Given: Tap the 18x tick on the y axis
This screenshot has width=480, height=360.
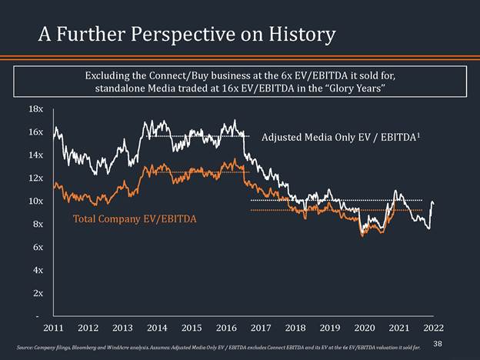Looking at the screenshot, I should (35, 109).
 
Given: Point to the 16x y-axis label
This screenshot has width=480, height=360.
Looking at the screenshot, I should (35, 132).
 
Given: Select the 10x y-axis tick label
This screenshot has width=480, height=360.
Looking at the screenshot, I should (35, 201).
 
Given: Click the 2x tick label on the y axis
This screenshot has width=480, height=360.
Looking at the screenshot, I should (37, 293).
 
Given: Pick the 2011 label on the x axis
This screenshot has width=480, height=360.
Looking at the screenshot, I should (53, 328).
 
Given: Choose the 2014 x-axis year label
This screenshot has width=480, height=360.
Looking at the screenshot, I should (157, 328).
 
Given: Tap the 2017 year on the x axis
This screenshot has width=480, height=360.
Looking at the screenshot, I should (262, 328).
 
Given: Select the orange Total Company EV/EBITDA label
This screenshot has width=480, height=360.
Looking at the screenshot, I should (135, 219).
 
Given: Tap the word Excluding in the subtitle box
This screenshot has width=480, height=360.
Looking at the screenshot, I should (108, 76).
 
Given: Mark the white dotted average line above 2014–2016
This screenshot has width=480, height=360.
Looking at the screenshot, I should (196, 135).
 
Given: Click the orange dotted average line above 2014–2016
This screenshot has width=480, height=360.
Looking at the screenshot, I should (196, 172).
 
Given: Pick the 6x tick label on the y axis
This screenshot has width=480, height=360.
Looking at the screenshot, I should (37, 247).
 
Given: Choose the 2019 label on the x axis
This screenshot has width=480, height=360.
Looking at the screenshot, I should (330, 328).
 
